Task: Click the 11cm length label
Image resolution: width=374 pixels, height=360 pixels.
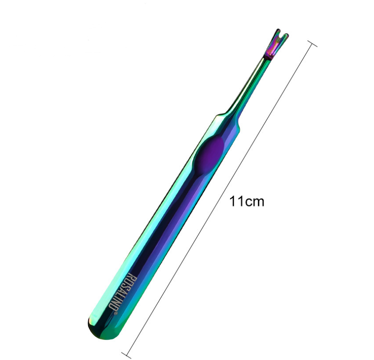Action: click(247, 202)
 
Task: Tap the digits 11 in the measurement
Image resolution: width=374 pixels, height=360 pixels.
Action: click(236, 201)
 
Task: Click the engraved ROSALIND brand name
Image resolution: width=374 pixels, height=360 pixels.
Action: click(122, 293)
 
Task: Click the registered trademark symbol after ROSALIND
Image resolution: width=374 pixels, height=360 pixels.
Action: click(116, 313)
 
